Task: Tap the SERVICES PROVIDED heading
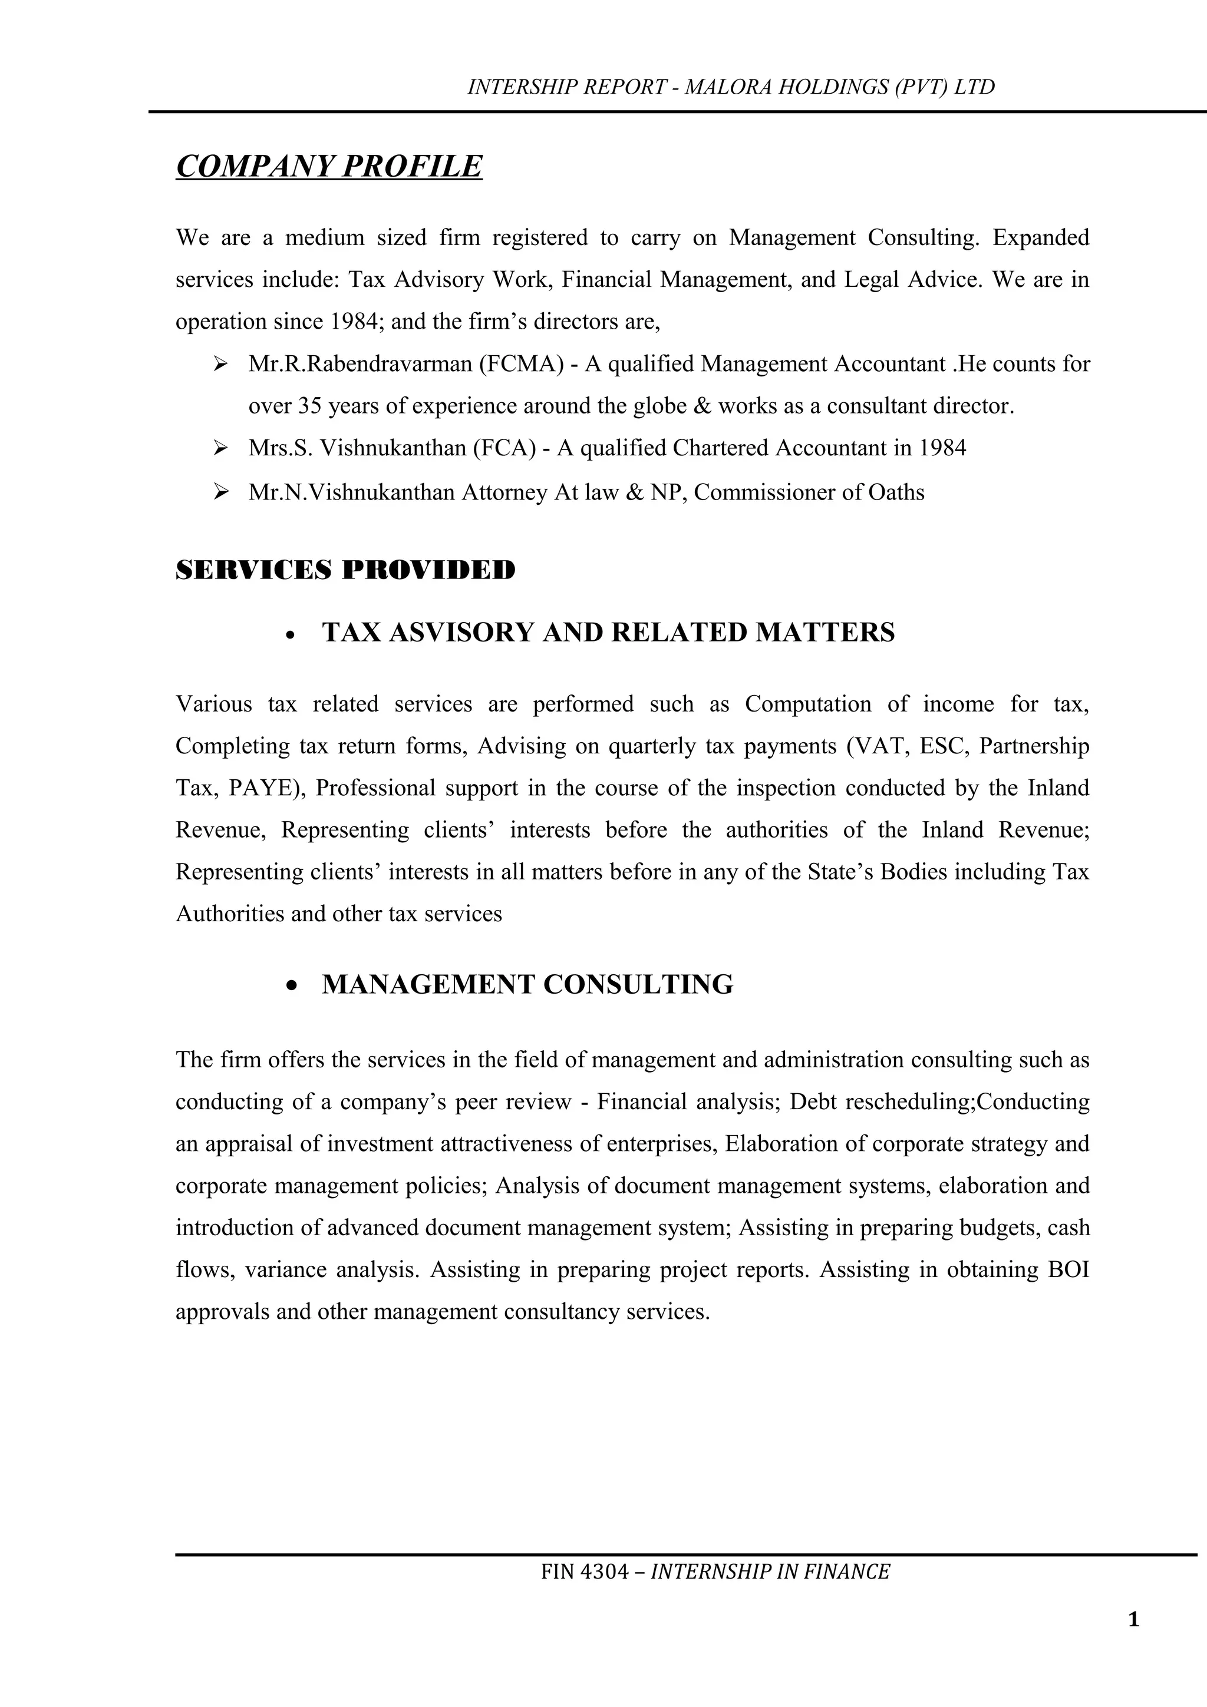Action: click(x=345, y=570)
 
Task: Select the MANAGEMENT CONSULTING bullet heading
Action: click(x=527, y=984)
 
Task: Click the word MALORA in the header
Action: click(x=728, y=88)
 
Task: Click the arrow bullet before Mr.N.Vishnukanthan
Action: click(x=220, y=492)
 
